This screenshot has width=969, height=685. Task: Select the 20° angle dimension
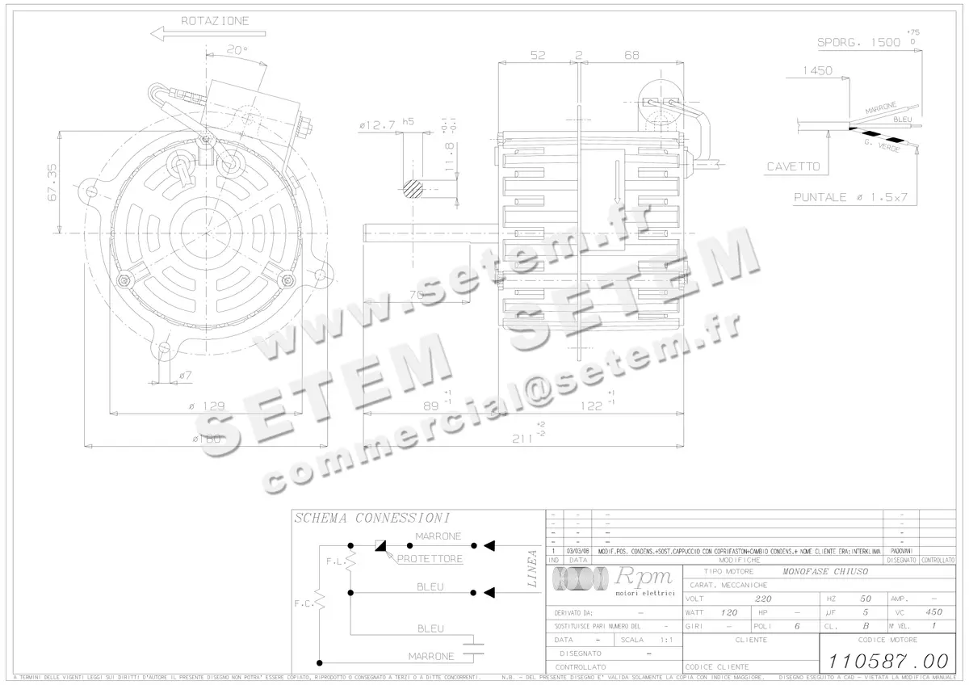pyautogui.click(x=236, y=49)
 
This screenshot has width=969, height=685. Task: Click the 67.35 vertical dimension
pyautogui.click(x=52, y=183)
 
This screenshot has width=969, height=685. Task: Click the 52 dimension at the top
pyautogui.click(x=537, y=55)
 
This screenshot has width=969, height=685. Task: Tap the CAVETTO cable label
pyautogui.click(x=793, y=166)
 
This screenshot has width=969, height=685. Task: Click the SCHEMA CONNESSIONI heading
pyautogui.click(x=371, y=518)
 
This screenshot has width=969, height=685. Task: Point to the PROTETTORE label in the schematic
pyautogui.click(x=429, y=559)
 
